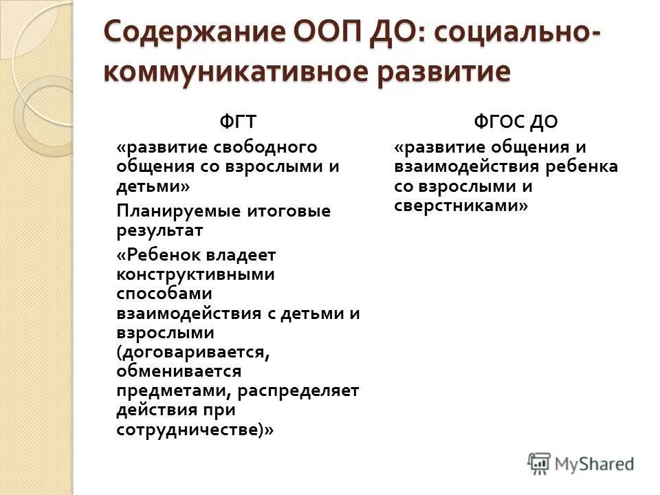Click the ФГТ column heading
coord(238,122)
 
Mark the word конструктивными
coord(195,274)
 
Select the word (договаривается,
coord(191,352)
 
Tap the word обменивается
coord(179,371)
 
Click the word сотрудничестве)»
coord(195,430)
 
